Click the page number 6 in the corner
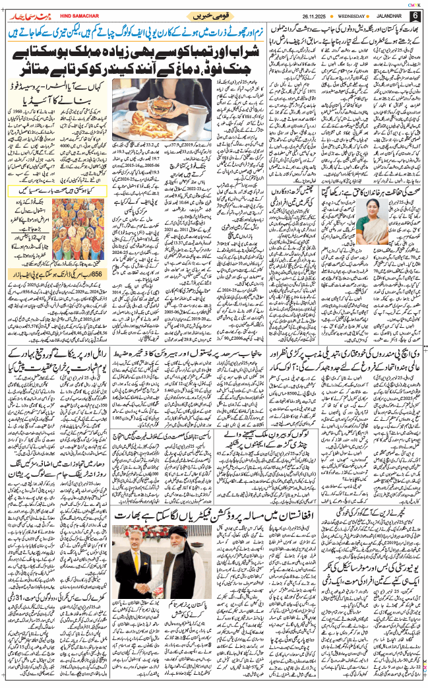tap(415, 16)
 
